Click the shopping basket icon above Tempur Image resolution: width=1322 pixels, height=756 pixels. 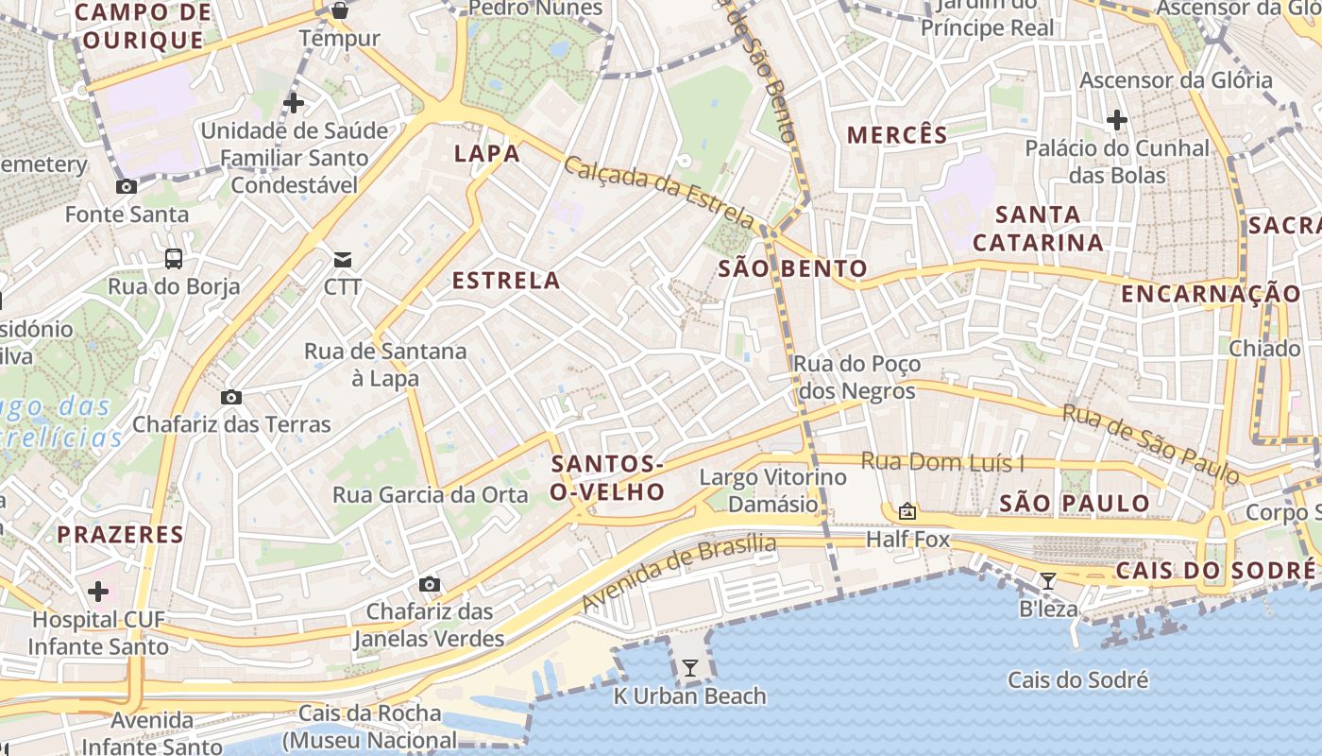[x=339, y=11]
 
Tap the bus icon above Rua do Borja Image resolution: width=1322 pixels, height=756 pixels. [x=174, y=258]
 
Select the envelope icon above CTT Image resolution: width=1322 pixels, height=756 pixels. [x=342, y=259]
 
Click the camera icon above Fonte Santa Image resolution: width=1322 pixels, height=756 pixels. [x=127, y=187]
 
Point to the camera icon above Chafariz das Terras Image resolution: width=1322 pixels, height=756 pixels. [x=231, y=397]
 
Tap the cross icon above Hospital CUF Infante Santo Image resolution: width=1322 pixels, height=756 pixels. [x=98, y=593]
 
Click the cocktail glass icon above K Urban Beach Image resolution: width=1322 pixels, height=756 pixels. [x=690, y=668]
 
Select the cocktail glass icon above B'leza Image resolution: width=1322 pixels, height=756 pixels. [x=1048, y=580]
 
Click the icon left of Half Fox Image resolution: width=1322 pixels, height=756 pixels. [x=907, y=512]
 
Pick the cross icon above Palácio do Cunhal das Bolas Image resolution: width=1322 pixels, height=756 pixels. [x=1117, y=120]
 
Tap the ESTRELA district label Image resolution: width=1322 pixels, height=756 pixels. [x=506, y=281]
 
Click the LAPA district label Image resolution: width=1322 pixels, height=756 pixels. [x=487, y=153]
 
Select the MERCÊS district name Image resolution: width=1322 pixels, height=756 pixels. [x=897, y=134]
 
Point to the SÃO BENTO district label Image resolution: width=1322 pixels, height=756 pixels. [x=792, y=268]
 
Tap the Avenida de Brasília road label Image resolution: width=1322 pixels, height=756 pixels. [x=678, y=573]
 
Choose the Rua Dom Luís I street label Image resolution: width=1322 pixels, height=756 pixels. [x=943, y=462]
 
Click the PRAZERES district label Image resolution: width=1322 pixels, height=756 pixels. [x=120, y=535]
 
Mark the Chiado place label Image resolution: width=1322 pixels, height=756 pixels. [x=1264, y=349]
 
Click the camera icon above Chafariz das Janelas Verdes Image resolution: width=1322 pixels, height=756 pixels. [x=430, y=584]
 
